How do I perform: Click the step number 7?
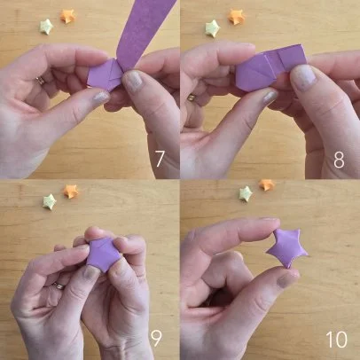click(160, 159)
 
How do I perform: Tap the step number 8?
click(339, 160)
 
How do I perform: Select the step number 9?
click(156, 339)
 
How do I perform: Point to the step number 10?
click(337, 340)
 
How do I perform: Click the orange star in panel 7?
click(67, 16)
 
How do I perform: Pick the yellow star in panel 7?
click(46, 27)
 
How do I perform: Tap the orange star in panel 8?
click(237, 17)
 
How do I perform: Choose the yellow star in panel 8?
click(213, 28)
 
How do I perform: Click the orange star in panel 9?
click(71, 192)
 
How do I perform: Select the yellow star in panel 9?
click(50, 201)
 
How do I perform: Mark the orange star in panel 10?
click(267, 184)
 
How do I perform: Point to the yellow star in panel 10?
click(246, 194)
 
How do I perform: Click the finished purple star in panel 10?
click(287, 247)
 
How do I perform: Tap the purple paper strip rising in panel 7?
click(145, 29)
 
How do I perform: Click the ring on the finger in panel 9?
click(59, 286)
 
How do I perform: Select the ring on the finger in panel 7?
click(41, 81)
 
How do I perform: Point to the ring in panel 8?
click(192, 98)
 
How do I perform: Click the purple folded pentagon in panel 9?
click(103, 255)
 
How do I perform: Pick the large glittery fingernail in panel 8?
click(303, 77)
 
